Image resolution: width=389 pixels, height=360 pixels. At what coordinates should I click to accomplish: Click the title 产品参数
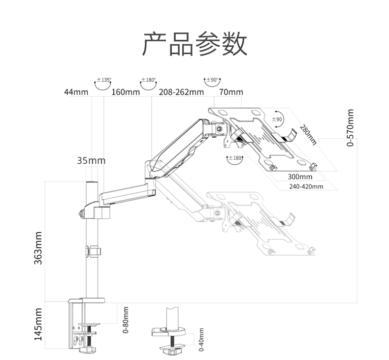click(194, 44)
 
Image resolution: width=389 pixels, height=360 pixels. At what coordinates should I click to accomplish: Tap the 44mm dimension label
click(76, 92)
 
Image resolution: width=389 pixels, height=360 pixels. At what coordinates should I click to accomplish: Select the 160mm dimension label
click(126, 92)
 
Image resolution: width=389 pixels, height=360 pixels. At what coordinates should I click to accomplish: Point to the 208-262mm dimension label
click(181, 92)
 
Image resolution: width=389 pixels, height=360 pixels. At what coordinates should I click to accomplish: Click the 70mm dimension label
click(231, 92)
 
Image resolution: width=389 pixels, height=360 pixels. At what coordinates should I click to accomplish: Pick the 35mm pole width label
click(91, 160)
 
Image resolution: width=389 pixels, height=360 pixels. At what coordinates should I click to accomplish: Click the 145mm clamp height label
click(38, 325)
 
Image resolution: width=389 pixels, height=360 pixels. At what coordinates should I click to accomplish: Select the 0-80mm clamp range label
click(126, 320)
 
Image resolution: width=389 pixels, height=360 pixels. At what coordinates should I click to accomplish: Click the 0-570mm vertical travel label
click(350, 128)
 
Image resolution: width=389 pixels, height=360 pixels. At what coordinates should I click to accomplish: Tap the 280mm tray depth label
click(308, 134)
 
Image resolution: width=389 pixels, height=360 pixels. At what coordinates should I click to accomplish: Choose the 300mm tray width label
click(300, 177)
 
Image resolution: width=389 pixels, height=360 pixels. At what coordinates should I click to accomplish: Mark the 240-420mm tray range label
click(306, 186)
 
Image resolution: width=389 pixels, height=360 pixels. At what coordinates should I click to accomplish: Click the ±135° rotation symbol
click(103, 83)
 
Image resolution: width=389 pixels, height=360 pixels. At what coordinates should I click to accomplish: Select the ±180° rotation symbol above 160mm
click(148, 83)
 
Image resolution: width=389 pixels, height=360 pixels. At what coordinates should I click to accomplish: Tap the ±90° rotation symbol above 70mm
click(212, 83)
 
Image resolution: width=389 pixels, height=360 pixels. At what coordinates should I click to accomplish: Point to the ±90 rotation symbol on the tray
click(278, 119)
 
